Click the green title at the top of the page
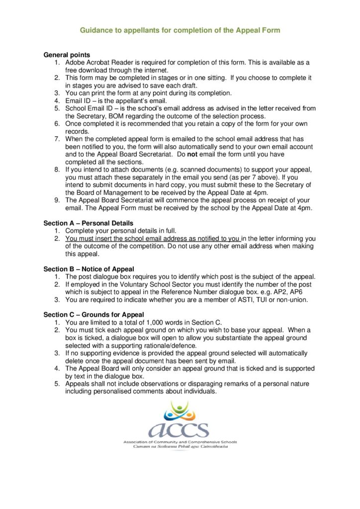coord(180,30)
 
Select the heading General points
coord(67,55)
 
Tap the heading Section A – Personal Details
coord(88,223)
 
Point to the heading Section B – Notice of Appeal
coord(89,269)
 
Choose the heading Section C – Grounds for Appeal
coord(93,315)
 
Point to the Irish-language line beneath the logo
coord(180,447)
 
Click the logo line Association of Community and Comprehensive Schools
coord(180,442)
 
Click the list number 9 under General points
coord(57,200)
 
